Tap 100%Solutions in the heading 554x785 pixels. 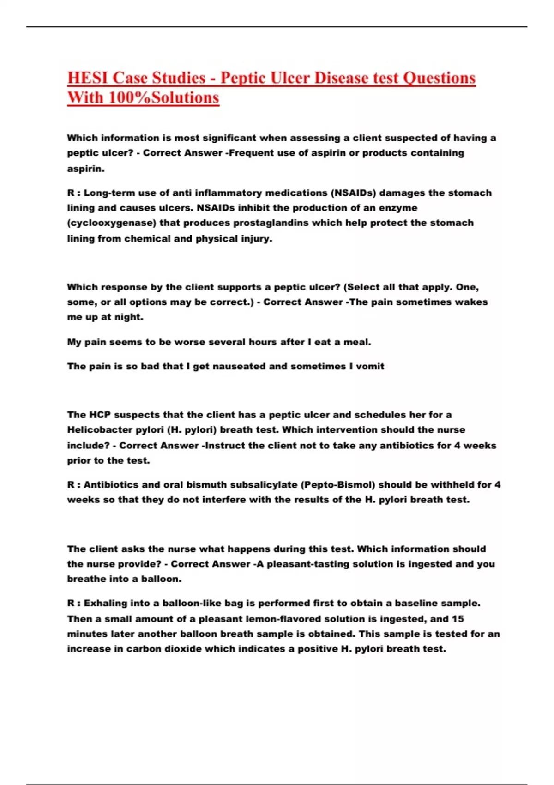click(x=163, y=97)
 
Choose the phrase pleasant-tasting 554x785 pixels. click(x=308, y=564)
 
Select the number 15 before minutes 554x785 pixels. click(x=458, y=619)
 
